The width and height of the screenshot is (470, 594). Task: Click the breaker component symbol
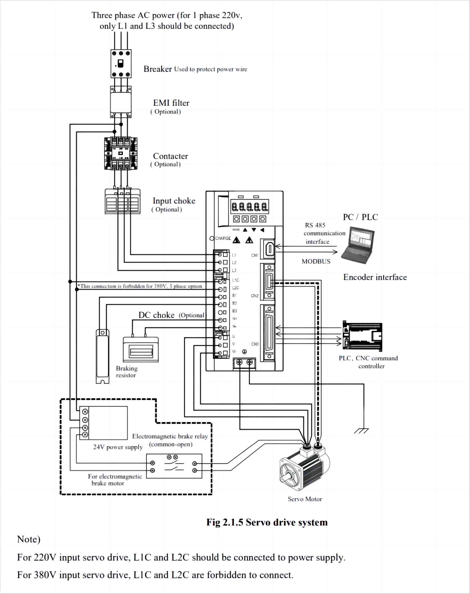[121, 64]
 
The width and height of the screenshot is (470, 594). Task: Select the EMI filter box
[121, 102]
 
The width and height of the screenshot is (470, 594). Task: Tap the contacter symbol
[121, 154]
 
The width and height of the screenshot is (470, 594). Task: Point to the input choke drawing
[122, 201]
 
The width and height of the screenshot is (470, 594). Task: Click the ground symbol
[362, 431]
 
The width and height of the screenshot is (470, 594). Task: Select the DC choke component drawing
[141, 349]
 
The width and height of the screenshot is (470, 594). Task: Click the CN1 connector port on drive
[269, 249]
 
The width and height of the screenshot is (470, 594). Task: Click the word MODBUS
[316, 261]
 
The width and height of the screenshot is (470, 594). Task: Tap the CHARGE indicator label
[223, 238]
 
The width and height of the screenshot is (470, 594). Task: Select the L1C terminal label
[236, 280]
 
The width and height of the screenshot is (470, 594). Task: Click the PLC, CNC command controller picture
[362, 336]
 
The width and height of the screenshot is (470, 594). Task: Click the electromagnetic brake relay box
[174, 466]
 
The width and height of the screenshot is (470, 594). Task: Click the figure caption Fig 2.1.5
[267, 522]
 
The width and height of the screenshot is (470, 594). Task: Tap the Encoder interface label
[375, 277]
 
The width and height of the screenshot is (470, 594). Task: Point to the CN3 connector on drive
[269, 333]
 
